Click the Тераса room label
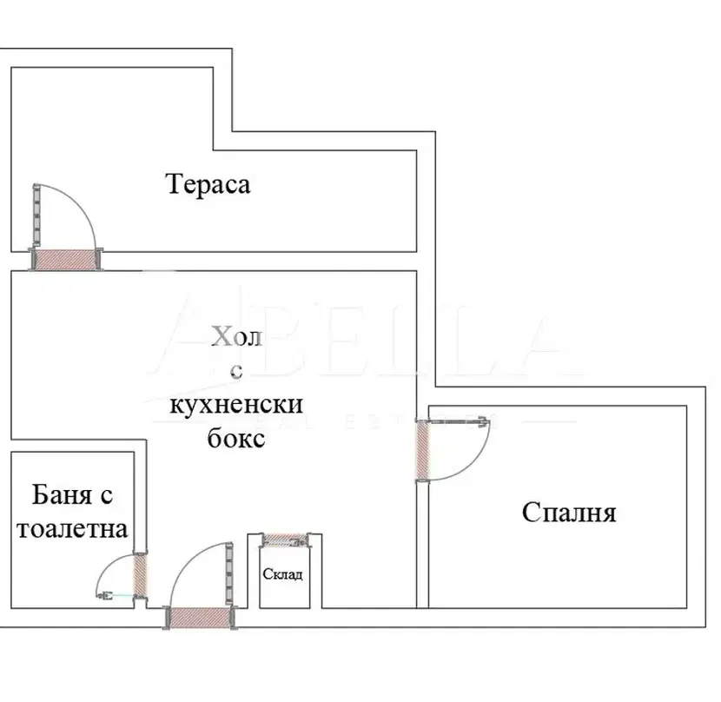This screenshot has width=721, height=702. pos(208,184)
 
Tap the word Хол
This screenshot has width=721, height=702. pos(237,337)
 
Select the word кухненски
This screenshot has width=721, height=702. pos(236,404)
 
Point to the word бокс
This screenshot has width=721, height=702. pos(236,438)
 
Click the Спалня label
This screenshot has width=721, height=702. pos(569,513)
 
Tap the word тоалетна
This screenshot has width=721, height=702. pos(72,529)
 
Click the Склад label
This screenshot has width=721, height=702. pos(283,574)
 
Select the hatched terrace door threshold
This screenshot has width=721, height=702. pos(66,260)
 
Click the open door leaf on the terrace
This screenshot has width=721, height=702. pos(36,213)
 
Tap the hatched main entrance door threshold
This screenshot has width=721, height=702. pos(200,618)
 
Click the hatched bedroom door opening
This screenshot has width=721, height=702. pos(422,451)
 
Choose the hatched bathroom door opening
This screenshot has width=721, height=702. pos(140,575)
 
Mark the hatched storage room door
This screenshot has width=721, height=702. pos(285,540)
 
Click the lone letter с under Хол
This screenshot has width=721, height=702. pos(236,371)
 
